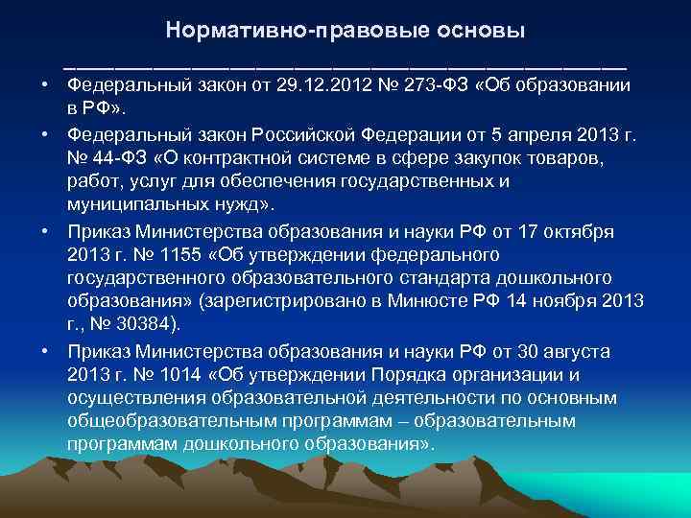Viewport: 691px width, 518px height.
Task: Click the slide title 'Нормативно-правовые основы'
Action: [345, 30]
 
